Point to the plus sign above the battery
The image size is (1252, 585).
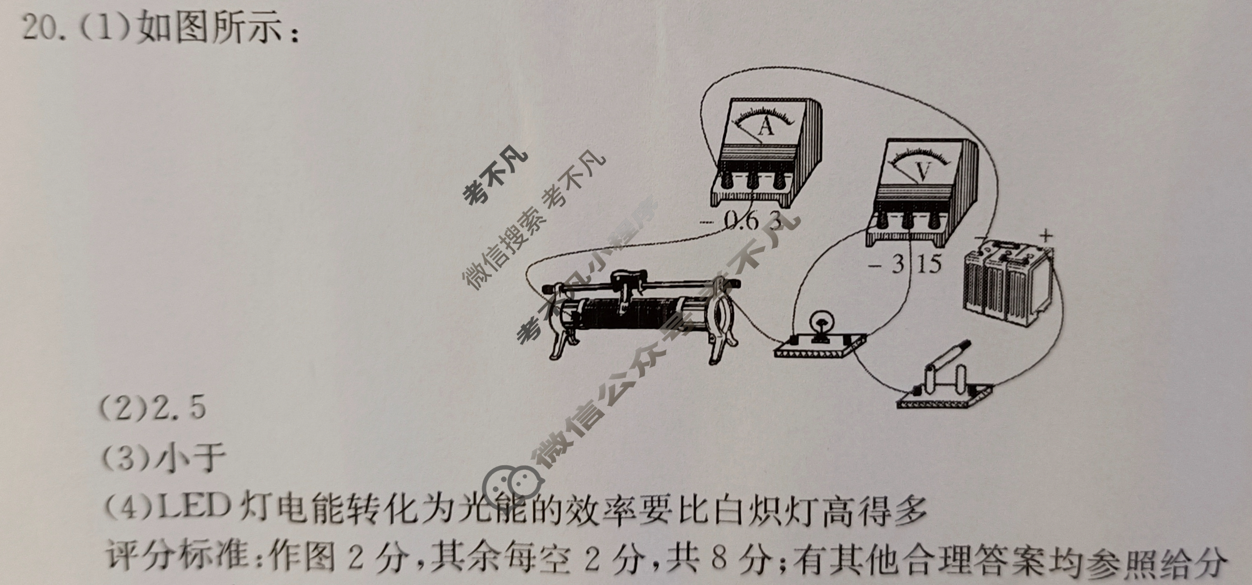[1046, 236]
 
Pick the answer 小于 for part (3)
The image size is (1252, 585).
[190, 457]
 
